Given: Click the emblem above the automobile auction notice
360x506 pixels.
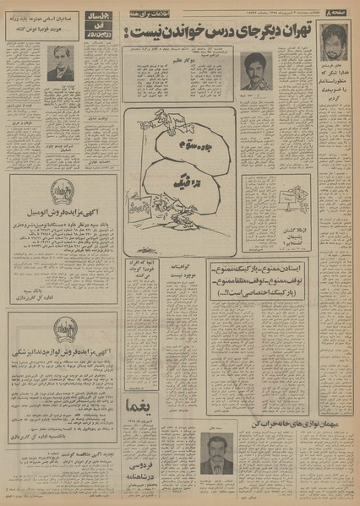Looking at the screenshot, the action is pyautogui.click(x=60, y=191).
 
